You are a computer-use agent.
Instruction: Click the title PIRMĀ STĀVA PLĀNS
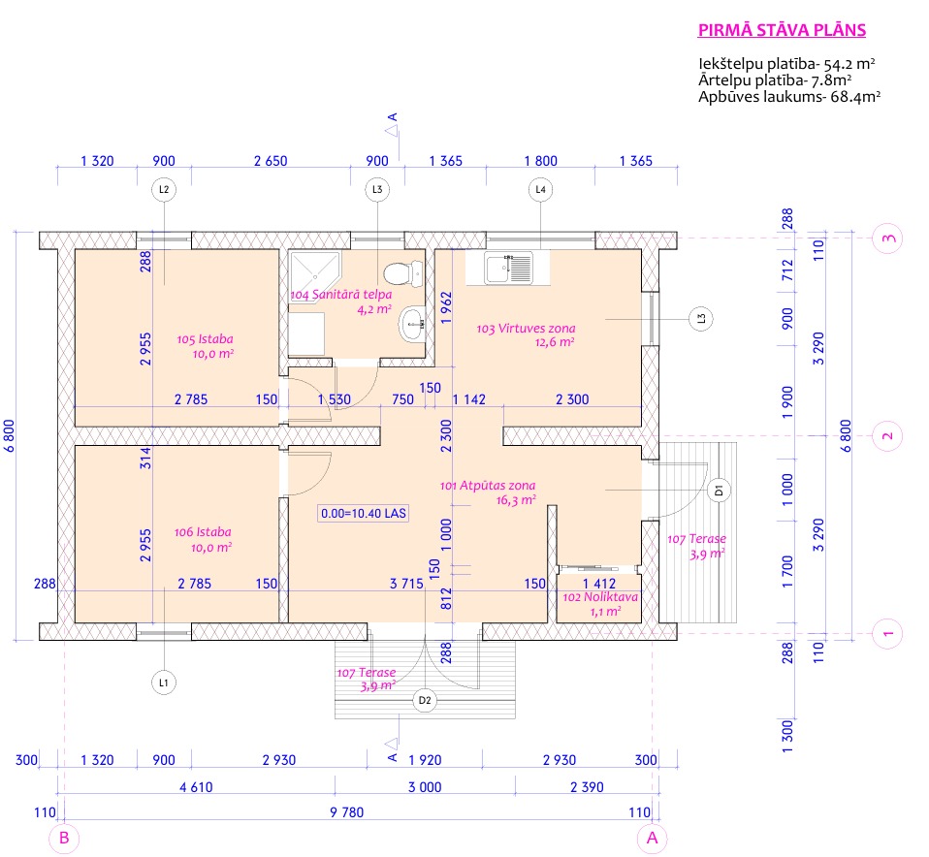782,30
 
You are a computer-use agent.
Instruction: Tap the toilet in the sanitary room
402,273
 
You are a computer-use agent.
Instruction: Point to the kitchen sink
508,269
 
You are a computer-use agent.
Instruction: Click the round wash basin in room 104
411,324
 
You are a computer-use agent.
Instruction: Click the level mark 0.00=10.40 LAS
364,513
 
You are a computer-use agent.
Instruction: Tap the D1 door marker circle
719,491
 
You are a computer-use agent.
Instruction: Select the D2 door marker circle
425,700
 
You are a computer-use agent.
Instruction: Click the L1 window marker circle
164,682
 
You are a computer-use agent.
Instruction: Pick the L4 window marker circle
540,189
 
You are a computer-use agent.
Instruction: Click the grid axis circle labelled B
64,838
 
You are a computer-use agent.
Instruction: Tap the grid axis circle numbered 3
887,238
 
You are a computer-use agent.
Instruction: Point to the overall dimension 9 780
346,812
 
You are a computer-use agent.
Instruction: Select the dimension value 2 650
271,161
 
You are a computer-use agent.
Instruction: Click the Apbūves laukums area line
789,97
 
